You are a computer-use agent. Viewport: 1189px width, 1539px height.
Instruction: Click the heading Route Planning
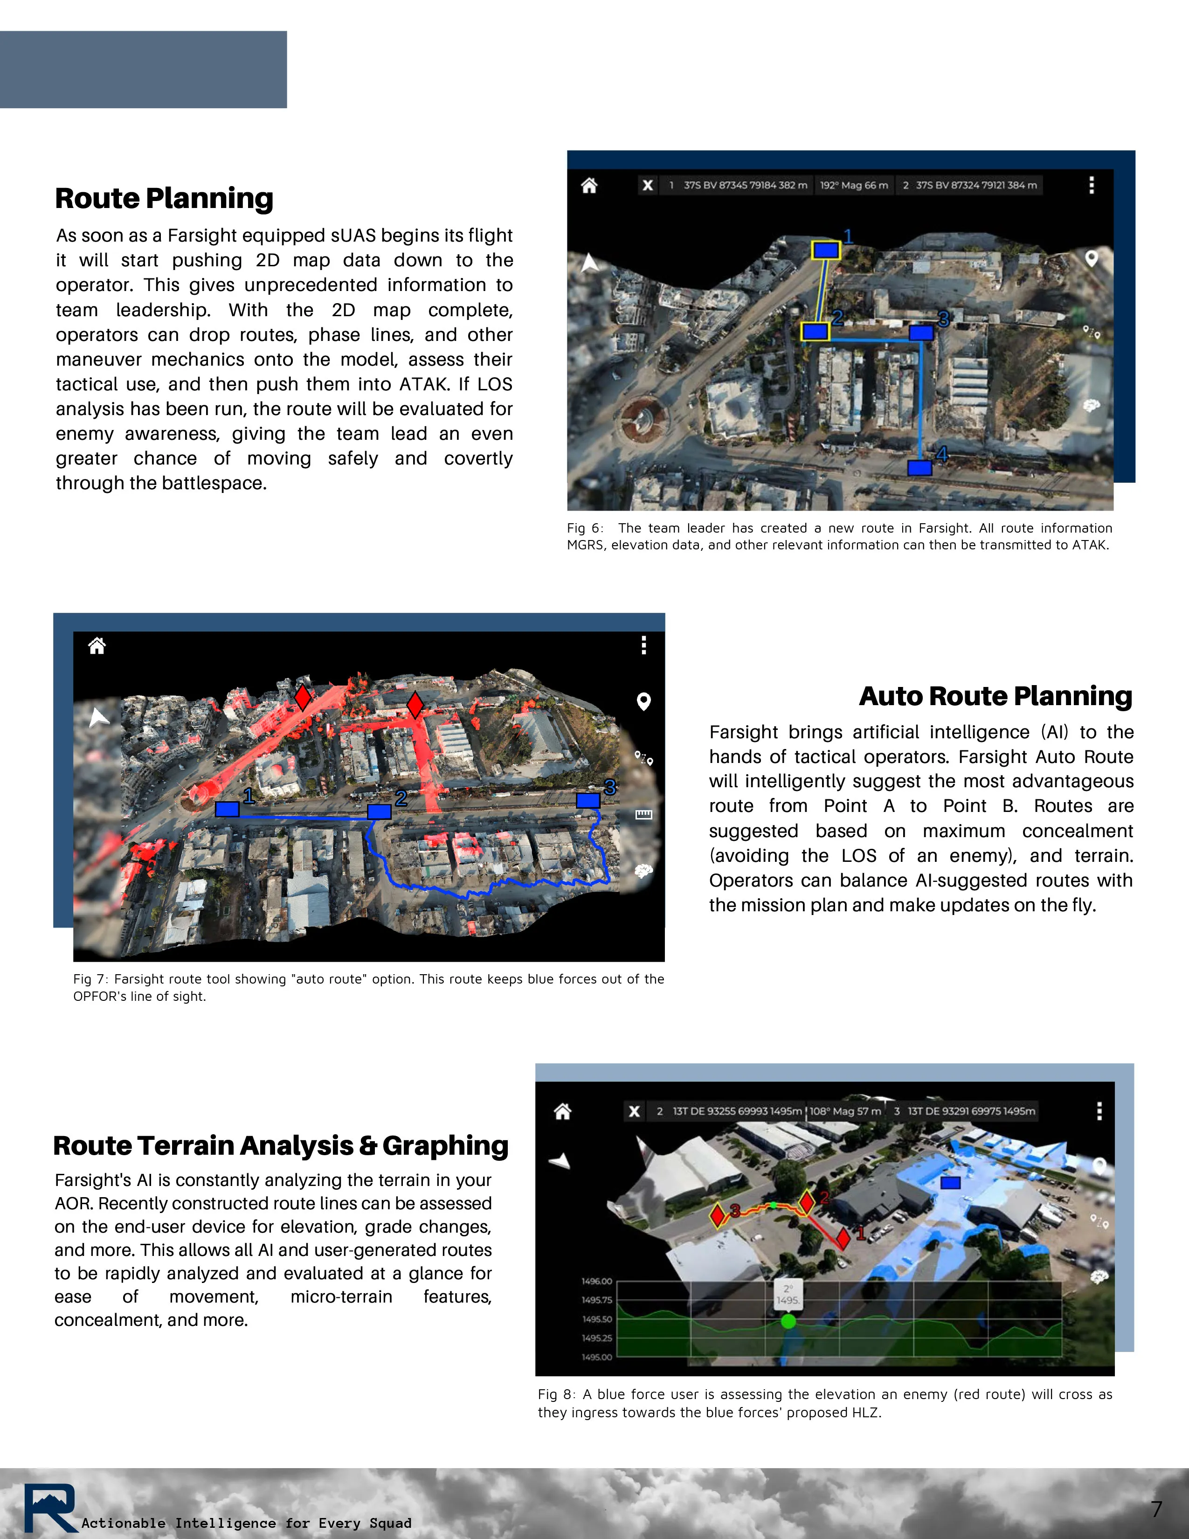[164, 199]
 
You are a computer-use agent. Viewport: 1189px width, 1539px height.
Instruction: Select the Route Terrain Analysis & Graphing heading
[280, 1146]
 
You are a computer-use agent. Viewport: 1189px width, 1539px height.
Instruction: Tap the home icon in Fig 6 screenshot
[589, 185]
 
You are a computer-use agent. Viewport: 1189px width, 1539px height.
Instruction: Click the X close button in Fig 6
[647, 185]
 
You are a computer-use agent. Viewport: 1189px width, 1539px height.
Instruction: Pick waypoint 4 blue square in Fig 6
[919, 468]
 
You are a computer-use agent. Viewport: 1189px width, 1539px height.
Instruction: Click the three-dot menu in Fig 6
[1091, 185]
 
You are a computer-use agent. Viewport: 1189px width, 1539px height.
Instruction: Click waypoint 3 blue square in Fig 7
[588, 800]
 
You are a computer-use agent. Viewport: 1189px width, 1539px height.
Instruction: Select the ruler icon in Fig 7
[643, 815]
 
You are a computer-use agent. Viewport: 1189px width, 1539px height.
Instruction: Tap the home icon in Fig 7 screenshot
[97, 645]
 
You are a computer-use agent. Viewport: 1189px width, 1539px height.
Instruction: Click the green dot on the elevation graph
[788, 1321]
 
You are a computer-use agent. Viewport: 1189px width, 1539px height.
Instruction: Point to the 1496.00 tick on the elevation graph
[597, 1281]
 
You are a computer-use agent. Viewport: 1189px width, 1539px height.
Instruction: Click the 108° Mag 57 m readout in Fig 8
[844, 1111]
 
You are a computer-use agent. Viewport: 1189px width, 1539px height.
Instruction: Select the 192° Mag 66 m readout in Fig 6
[854, 185]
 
